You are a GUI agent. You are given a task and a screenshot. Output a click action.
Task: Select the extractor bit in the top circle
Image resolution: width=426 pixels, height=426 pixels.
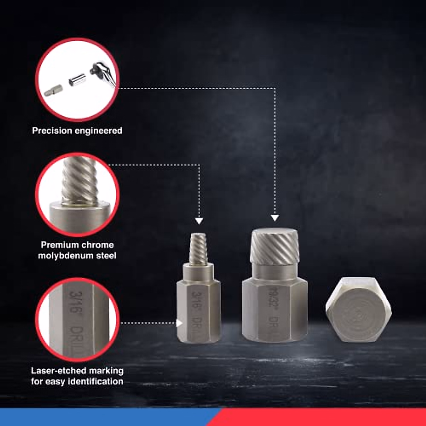[53, 92]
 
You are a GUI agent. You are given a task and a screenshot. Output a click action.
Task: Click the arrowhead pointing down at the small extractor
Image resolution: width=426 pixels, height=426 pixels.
[199, 221]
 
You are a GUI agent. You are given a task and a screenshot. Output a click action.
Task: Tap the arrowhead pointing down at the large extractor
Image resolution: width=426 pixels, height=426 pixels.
[275, 218]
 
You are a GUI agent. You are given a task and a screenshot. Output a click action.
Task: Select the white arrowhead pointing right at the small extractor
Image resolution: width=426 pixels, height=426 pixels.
[179, 323]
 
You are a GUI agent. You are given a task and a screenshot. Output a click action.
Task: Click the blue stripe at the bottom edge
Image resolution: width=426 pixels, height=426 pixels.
[106, 417]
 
